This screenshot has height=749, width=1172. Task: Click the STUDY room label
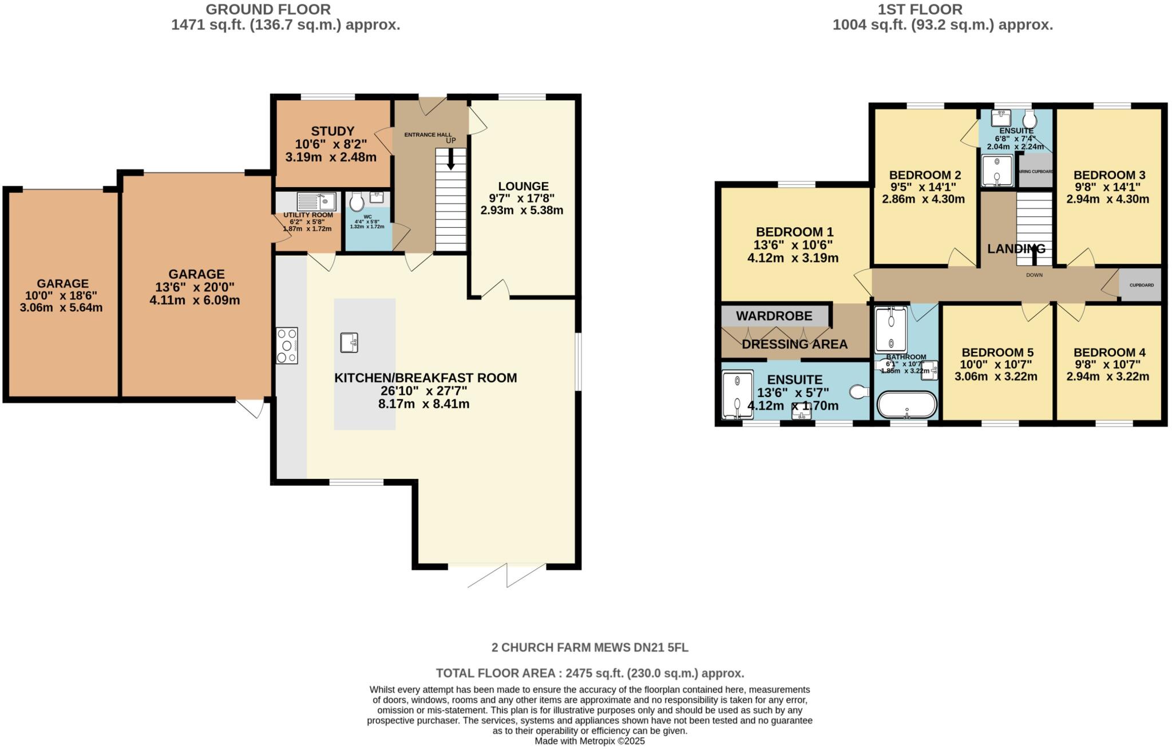[332, 131]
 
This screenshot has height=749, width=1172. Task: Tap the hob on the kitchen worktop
[287, 345]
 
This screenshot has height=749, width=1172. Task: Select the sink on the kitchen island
[349, 342]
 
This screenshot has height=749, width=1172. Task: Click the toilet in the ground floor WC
[357, 201]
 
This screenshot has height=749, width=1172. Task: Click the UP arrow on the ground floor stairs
[451, 158]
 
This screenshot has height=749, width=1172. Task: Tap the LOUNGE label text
[523, 186]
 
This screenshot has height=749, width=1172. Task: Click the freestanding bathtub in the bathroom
[907, 405]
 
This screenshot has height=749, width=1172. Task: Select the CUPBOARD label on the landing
[1141, 285]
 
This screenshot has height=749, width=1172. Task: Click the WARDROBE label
[774, 316]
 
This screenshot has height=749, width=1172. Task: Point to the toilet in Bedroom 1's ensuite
[859, 392]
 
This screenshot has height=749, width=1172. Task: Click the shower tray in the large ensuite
[737, 395]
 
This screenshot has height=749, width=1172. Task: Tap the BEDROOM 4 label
[1109, 352]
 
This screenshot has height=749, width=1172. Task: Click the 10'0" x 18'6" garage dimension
[61, 295]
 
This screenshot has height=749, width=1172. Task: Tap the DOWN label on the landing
[1034, 275]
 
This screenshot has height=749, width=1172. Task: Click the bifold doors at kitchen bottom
[506, 575]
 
